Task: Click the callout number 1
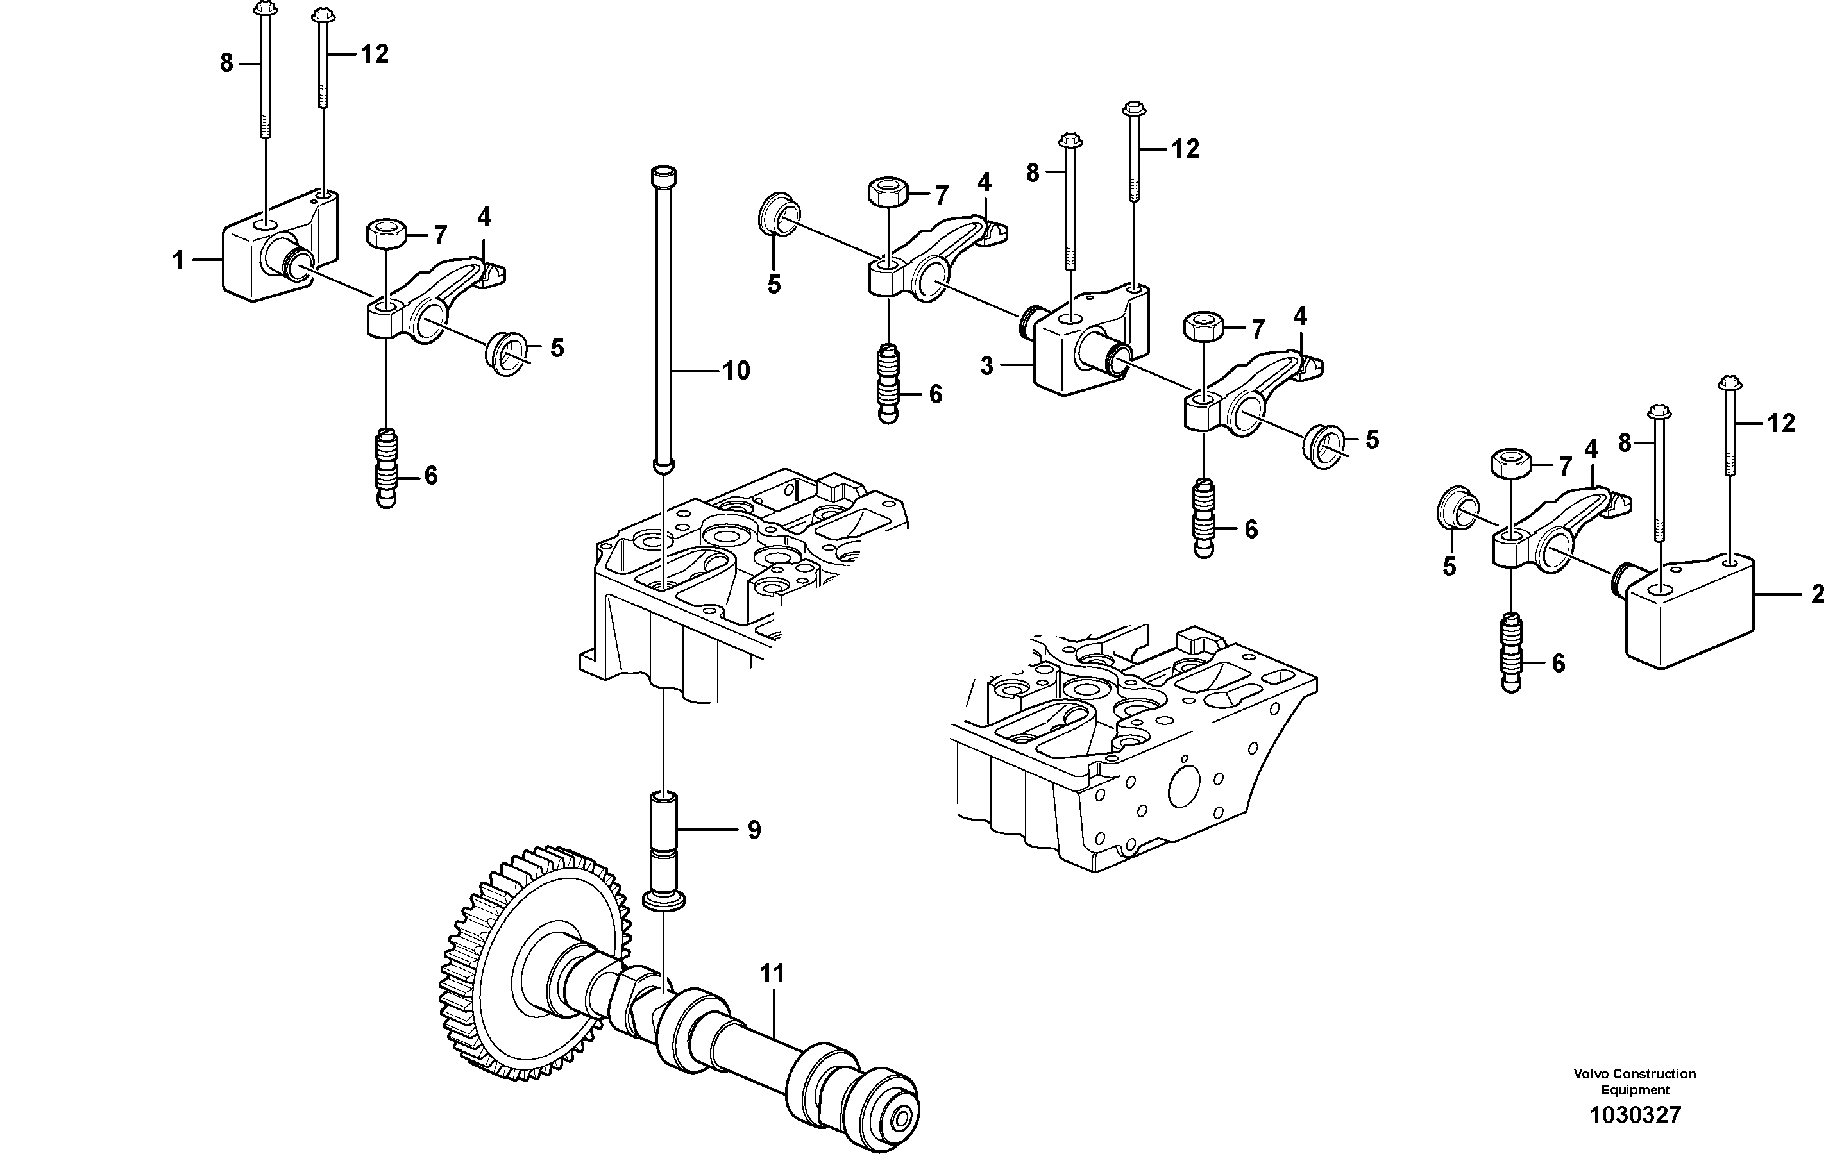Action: pos(178,261)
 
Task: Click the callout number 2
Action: pos(1817,594)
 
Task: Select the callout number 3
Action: pos(986,366)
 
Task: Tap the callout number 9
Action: pos(754,830)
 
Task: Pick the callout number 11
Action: pos(772,974)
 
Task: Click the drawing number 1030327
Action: pos(1635,1115)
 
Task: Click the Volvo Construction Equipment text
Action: pos(1635,1082)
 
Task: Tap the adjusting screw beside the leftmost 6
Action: pos(387,469)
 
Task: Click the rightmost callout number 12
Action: pos(1781,423)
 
